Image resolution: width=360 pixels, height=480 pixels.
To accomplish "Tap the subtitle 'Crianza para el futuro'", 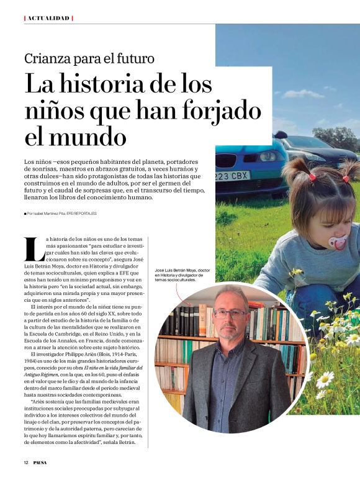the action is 89,60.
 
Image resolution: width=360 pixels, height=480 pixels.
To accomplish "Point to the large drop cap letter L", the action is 34,248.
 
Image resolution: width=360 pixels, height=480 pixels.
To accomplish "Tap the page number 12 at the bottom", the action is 27,463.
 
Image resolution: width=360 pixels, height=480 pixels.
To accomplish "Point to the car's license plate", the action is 232,175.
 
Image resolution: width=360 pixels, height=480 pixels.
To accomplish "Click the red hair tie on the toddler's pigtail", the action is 312,176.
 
